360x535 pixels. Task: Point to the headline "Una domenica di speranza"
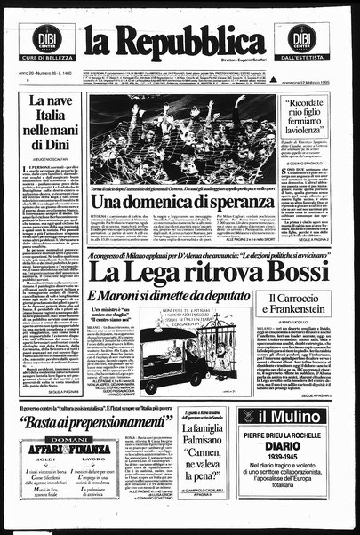pyautogui.click(x=176, y=203)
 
